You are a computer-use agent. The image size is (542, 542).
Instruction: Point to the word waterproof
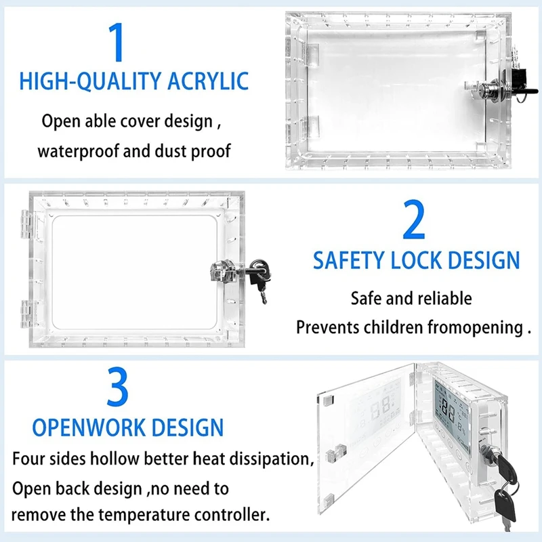point(77,150)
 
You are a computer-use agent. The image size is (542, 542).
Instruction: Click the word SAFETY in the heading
point(348,260)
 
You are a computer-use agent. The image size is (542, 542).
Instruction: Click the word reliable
point(444,298)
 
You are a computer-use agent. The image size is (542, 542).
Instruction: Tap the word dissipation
point(274,459)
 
